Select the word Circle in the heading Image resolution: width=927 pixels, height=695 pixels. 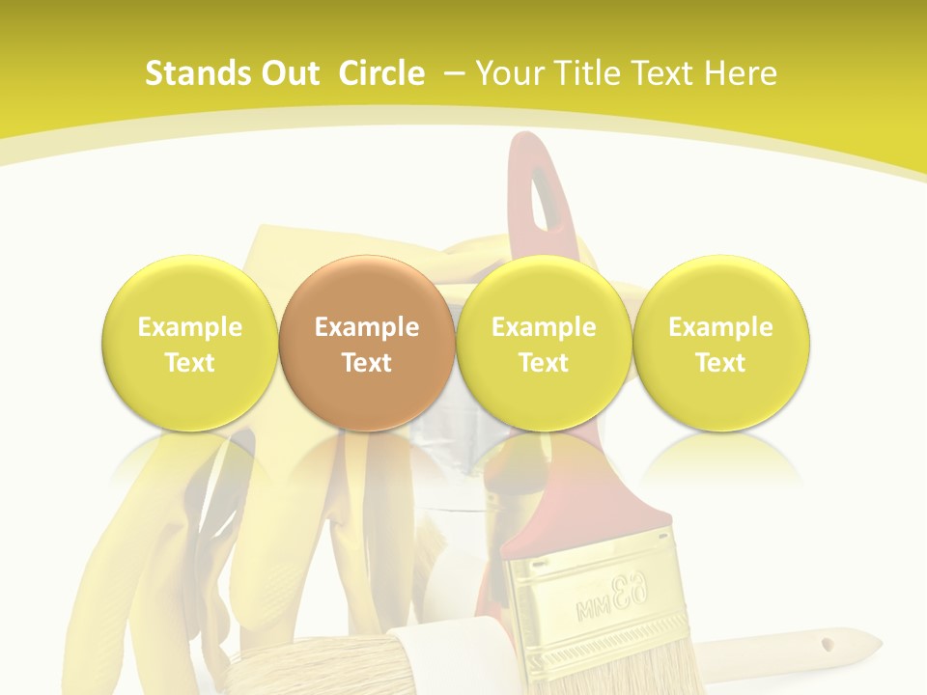pyautogui.click(x=381, y=73)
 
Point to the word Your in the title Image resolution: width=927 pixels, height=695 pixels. pyautogui.click(x=509, y=73)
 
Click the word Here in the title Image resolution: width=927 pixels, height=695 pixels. pyautogui.click(x=740, y=73)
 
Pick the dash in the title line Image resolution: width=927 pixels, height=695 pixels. pyautogui.click(x=455, y=74)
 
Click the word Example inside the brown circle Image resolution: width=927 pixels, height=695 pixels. pyautogui.click(x=367, y=327)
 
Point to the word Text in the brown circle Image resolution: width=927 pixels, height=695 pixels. pyautogui.click(x=367, y=363)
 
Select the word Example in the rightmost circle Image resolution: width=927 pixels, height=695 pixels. pyautogui.click(x=721, y=327)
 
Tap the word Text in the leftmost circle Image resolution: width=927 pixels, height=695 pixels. pyautogui.click(x=189, y=363)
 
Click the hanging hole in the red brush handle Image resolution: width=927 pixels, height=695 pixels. pyautogui.click(x=544, y=193)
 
